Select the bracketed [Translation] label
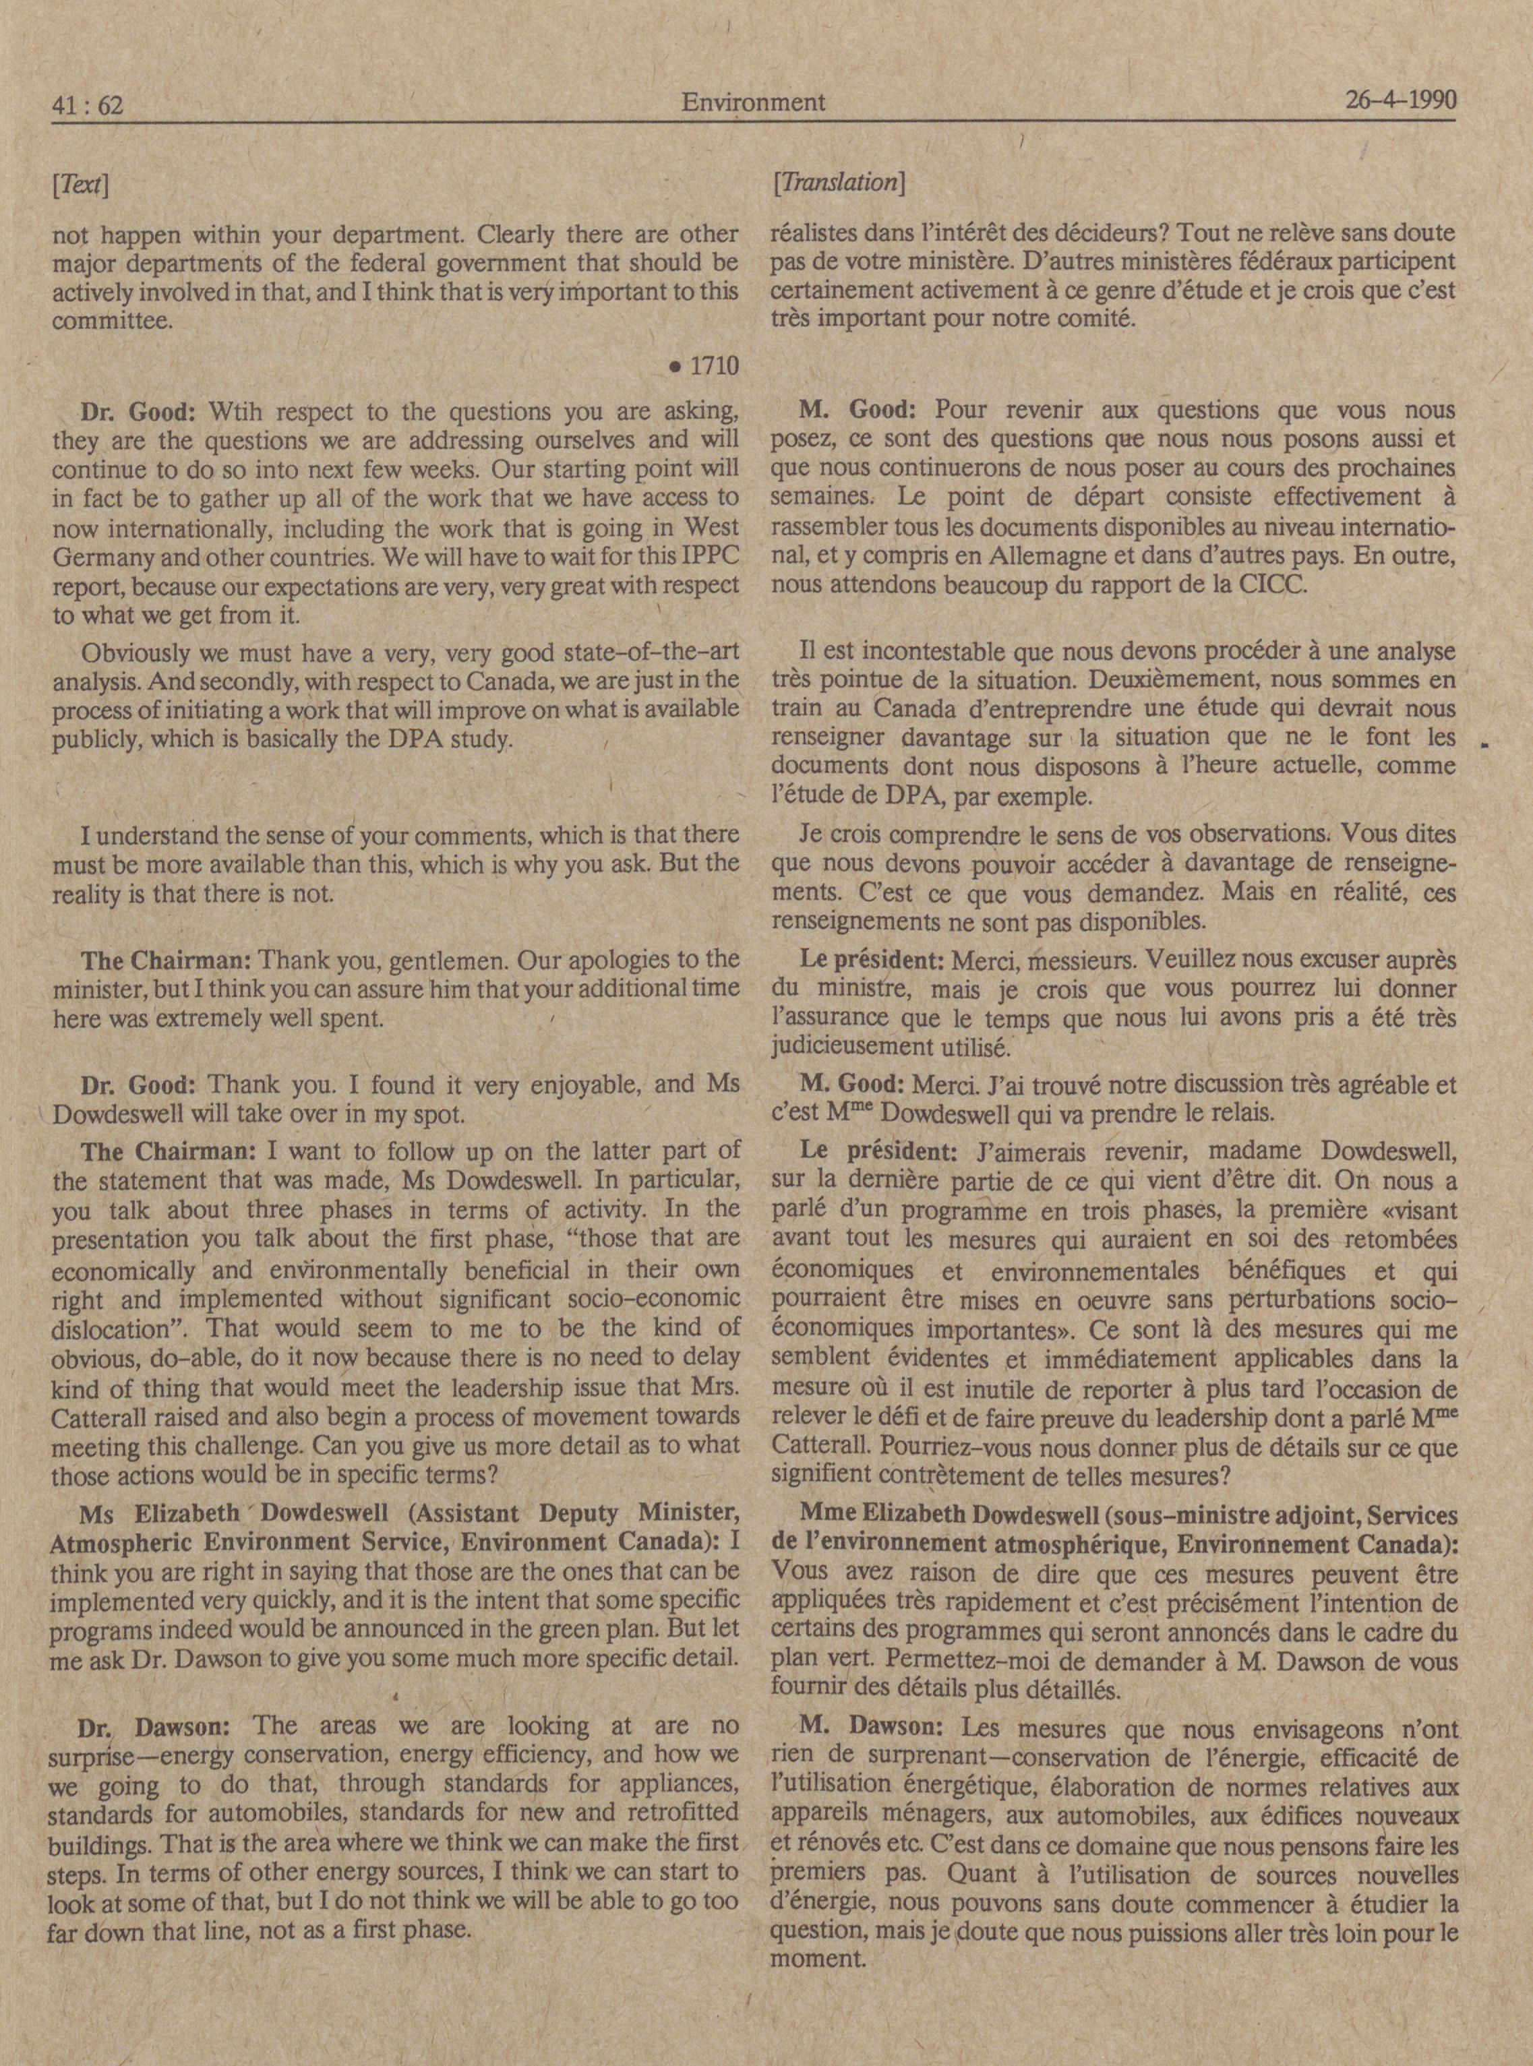click(838, 183)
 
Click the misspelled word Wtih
click(239, 411)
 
